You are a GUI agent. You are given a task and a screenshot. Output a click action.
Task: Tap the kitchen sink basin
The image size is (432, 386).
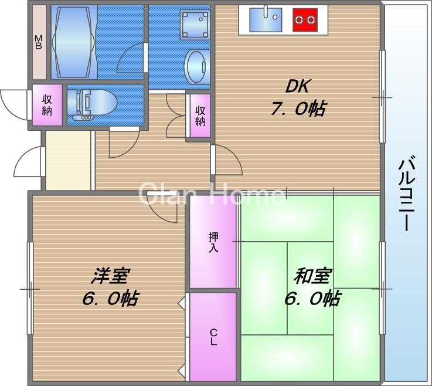[x=266, y=19]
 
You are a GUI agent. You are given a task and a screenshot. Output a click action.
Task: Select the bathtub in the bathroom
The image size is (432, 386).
[x=73, y=42]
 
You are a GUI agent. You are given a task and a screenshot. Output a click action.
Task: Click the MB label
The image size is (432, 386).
[x=39, y=42]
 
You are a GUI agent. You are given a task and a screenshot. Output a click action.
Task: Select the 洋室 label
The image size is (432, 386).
[x=110, y=275]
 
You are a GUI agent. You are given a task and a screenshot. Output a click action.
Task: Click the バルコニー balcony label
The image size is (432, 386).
[x=406, y=194]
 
